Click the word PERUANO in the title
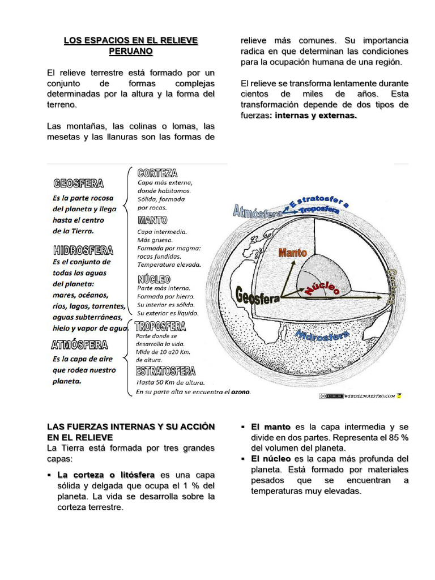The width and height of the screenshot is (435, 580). (x=131, y=52)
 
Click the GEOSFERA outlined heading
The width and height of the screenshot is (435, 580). (x=79, y=184)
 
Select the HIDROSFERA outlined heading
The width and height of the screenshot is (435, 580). (x=83, y=250)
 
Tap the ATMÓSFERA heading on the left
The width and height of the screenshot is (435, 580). (x=79, y=344)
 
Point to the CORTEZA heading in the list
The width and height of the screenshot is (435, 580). (x=157, y=172)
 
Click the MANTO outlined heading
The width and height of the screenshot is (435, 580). (x=152, y=220)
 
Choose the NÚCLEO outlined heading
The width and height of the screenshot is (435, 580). (x=153, y=279)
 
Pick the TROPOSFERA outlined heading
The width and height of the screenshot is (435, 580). (x=161, y=326)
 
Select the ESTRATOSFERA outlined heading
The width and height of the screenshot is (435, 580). (x=165, y=372)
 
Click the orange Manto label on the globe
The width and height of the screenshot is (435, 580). (x=292, y=253)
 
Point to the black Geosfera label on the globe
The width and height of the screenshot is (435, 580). (x=258, y=296)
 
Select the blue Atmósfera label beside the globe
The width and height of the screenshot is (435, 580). (x=258, y=212)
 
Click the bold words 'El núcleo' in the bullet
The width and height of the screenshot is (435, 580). (x=271, y=459)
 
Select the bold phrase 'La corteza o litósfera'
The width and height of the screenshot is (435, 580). (x=106, y=475)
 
